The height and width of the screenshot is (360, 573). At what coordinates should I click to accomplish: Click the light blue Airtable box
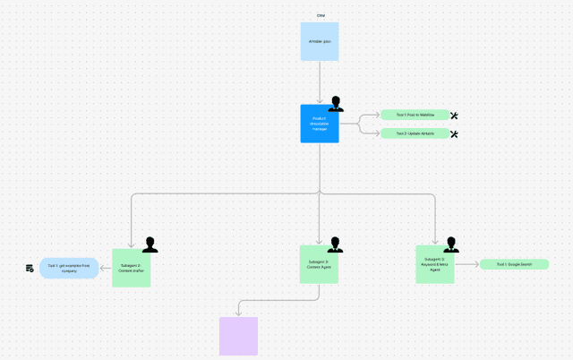tap(320, 41)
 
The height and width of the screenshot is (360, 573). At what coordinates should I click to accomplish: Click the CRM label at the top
tap(321, 15)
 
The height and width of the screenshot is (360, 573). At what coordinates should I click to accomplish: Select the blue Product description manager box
tap(320, 124)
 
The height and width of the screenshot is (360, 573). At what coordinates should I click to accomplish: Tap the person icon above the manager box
tap(336, 104)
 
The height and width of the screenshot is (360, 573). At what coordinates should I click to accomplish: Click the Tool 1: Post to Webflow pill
tap(415, 115)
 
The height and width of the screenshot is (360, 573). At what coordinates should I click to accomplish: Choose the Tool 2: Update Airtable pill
tap(415, 133)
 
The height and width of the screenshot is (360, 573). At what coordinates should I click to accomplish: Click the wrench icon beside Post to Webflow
tap(454, 116)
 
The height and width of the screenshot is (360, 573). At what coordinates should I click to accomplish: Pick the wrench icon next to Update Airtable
tap(454, 134)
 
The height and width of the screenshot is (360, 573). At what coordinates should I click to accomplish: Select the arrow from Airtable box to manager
tap(320, 82)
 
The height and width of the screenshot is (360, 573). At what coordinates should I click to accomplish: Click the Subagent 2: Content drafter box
tap(132, 268)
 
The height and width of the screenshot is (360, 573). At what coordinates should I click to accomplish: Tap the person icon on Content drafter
tap(150, 245)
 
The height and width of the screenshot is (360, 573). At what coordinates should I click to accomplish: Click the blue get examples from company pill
tap(69, 268)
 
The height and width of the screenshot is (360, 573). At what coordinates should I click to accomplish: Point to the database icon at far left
tap(30, 269)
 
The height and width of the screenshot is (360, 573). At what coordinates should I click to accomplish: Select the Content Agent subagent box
tap(319, 264)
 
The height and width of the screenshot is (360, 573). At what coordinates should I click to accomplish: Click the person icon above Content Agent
tap(336, 244)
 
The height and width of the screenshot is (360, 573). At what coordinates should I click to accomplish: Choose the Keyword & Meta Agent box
tap(434, 264)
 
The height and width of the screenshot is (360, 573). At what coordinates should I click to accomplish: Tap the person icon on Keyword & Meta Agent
tap(451, 244)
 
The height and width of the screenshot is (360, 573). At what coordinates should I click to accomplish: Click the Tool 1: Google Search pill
tap(514, 264)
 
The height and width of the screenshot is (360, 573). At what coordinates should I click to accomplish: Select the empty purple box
tap(238, 336)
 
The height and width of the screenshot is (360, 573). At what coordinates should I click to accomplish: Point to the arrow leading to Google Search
tap(466, 264)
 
